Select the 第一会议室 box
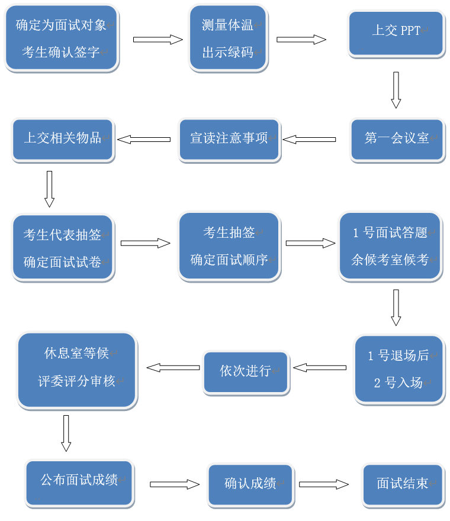pyautogui.click(x=396, y=140)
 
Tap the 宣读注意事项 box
pyautogui.click(x=229, y=140)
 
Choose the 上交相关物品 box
pyautogui.click(x=62, y=140)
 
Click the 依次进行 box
pyautogui.click(x=245, y=372)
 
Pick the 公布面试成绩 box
pyautogui.click(x=79, y=481)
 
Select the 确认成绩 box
pyautogui.click(x=250, y=484)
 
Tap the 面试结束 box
pyautogui.click(x=403, y=484)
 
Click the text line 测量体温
pyautogui.click(x=228, y=25)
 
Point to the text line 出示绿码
pyautogui.click(x=228, y=53)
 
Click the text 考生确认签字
pyautogui.click(x=61, y=51)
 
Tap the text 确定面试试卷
pyautogui.click(x=62, y=262)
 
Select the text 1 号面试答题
pyautogui.click(x=390, y=233)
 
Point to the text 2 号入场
pyautogui.click(x=398, y=383)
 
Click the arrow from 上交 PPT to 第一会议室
pyautogui.click(x=396, y=90)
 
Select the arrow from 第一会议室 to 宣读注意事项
pyautogui.click(x=308, y=140)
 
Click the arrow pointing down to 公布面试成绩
pyautogui.click(x=66, y=433)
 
